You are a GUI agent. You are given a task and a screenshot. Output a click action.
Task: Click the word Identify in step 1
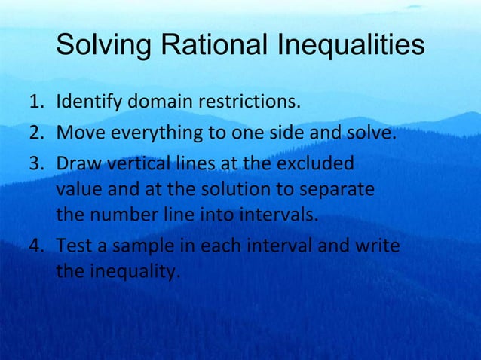84,102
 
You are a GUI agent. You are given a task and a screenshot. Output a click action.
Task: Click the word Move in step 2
78,135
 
